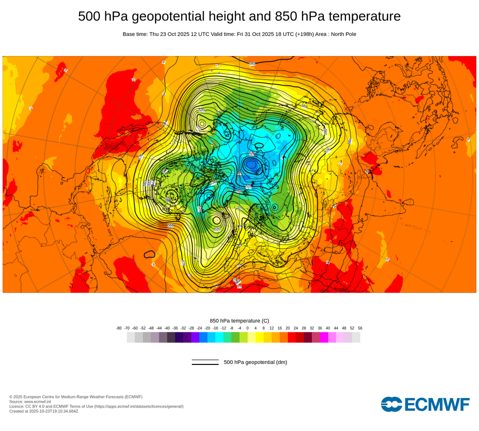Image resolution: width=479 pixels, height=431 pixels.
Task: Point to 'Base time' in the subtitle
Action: click(135, 34)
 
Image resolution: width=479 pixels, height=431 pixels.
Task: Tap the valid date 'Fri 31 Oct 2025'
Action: click(255, 34)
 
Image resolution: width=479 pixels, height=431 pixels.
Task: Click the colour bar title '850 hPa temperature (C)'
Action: click(239, 321)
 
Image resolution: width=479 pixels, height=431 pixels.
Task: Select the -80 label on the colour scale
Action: click(119, 329)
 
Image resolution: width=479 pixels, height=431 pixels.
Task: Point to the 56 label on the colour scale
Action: click(360, 329)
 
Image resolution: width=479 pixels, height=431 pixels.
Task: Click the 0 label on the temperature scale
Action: click(247, 329)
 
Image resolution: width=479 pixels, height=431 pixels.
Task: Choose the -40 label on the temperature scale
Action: click(167, 329)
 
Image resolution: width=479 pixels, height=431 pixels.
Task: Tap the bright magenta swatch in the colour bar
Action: click(324, 337)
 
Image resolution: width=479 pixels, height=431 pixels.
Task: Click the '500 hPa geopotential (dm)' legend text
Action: click(255, 363)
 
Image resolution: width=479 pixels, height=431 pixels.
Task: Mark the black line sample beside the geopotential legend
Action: click(205, 363)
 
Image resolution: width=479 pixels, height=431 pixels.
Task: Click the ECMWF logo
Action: click(425, 404)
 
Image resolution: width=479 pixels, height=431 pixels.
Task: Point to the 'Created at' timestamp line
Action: click(44, 411)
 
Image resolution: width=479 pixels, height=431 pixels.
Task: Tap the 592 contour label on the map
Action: click(252, 64)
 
